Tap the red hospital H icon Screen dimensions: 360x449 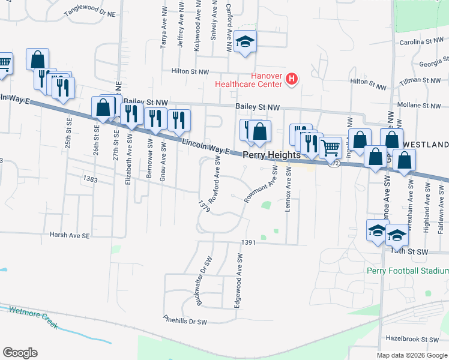click(x=292, y=79)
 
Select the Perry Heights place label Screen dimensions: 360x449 click(x=271, y=155)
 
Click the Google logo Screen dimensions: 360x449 click(x=20, y=353)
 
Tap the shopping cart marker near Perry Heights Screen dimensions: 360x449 click(x=330, y=146)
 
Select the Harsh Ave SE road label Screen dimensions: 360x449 click(x=69, y=236)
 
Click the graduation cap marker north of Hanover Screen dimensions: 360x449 click(x=245, y=42)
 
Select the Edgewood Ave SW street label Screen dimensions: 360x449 click(x=240, y=280)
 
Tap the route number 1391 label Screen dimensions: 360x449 click(x=249, y=242)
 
